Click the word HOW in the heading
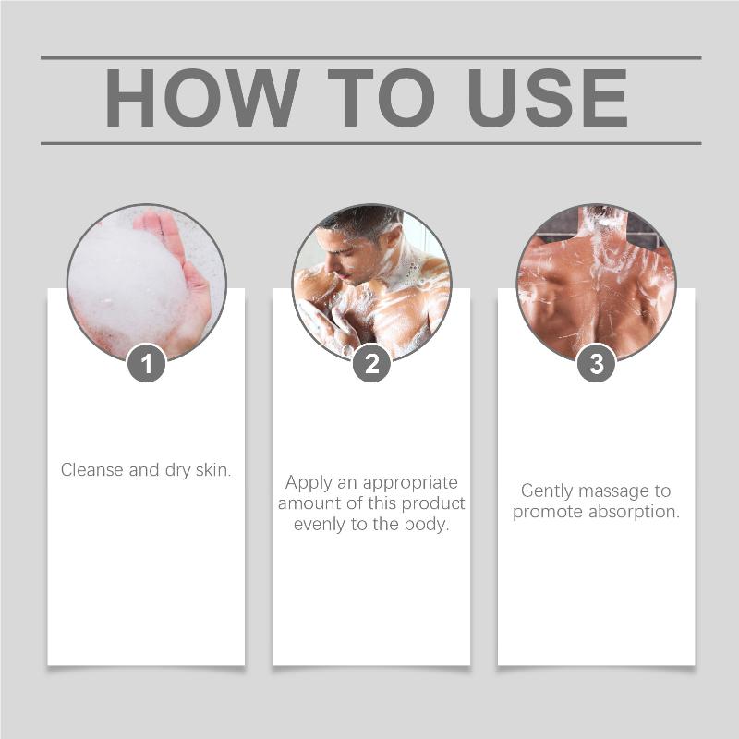[x=202, y=98]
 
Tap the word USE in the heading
[x=548, y=98]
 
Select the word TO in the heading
[x=381, y=98]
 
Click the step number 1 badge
[x=147, y=363]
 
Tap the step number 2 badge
[x=372, y=363]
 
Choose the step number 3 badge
[x=597, y=363]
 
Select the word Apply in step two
[x=309, y=483]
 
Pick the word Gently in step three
[x=547, y=491]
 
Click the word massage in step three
[x=613, y=491]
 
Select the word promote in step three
[x=548, y=513]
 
